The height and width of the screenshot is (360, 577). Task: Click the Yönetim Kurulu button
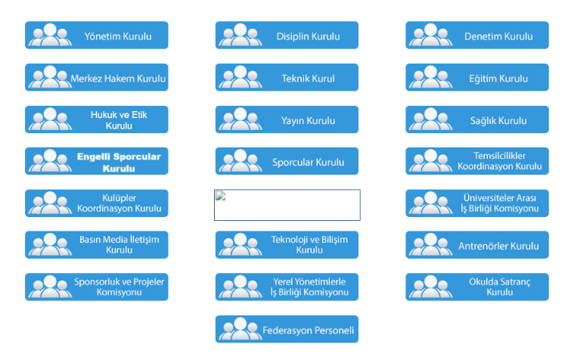pos(97,36)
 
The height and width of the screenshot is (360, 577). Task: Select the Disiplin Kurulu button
pos(287,36)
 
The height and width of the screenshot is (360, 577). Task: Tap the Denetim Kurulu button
pos(477,36)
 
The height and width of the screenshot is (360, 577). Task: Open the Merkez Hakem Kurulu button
pos(97,78)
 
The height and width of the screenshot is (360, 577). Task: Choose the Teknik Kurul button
pos(287,78)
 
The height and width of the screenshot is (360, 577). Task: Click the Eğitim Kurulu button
pos(477,78)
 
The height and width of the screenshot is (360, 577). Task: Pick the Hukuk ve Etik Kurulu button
pos(97,119)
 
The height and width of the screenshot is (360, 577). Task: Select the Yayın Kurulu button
pos(287,120)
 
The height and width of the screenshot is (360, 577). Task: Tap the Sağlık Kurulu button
pos(477,120)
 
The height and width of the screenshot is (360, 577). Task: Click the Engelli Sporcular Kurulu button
pos(97,162)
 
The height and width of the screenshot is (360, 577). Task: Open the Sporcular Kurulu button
pos(287,162)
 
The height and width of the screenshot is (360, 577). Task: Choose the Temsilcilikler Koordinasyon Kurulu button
pos(477,161)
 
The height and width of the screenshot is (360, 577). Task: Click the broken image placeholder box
pos(287,205)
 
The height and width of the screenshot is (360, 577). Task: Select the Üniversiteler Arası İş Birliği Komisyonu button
pos(477,203)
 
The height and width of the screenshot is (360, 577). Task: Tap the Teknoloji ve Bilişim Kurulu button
pos(287,244)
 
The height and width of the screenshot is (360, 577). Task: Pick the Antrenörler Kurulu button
pos(477,246)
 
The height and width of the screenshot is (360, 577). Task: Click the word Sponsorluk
pos(97,281)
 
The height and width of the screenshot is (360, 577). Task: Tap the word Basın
pos(90,240)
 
